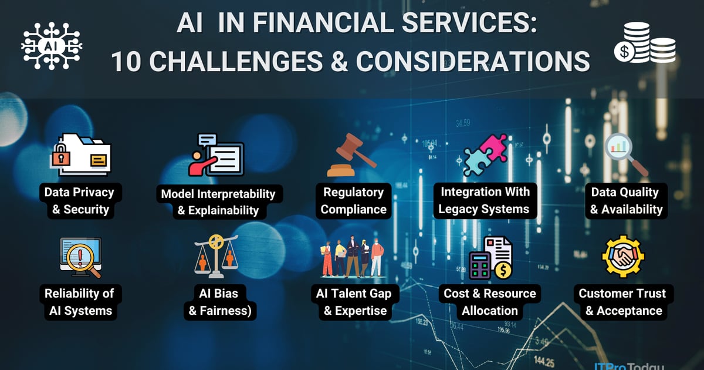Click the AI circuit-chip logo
coord(51,45)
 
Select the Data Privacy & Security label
coord(79,200)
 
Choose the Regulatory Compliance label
coord(353,200)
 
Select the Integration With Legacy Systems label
coord(485,200)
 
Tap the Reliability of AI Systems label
coord(79,302)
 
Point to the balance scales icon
coord(216,256)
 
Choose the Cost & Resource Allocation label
coord(489,302)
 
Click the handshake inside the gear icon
coord(623,257)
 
